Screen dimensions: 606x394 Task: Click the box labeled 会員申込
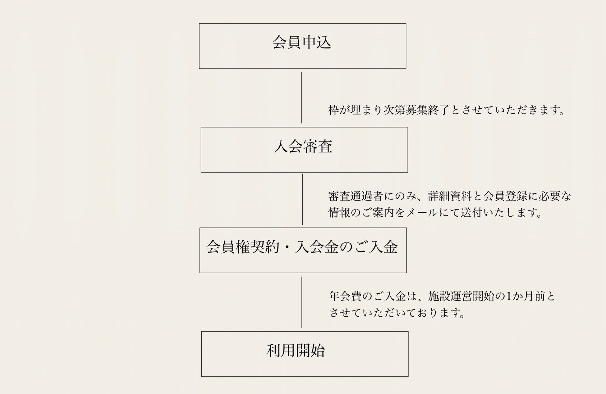[x=302, y=46]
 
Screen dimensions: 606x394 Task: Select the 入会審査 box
[x=304, y=150]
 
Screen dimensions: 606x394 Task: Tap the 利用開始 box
[x=305, y=354]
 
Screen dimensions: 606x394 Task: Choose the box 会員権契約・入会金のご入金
[x=303, y=250]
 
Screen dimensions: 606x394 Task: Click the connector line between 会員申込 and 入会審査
[x=301, y=97]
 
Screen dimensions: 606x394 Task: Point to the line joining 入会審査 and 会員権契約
[x=302, y=199]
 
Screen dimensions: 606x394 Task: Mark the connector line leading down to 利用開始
[x=301, y=302]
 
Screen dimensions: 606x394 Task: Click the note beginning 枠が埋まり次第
[x=446, y=110]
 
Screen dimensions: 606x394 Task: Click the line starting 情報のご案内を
[x=435, y=213]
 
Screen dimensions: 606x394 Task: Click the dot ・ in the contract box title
[x=287, y=247]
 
